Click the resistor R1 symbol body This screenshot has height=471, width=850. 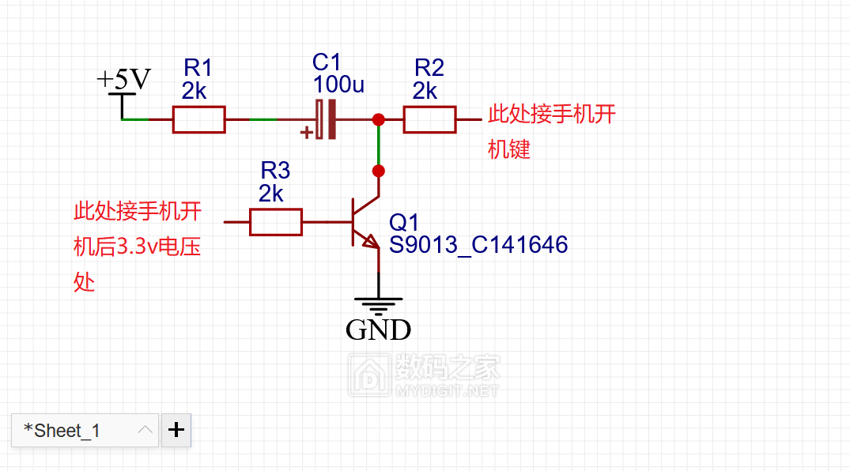198,119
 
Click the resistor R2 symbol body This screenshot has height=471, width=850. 429,119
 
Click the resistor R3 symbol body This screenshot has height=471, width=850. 275,222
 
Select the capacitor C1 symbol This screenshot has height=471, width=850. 325,119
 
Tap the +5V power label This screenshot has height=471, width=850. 123,79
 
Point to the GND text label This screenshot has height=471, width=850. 378,330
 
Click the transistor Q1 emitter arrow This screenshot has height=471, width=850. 370,242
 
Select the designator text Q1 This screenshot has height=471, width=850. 403,222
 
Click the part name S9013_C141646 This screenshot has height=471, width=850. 478,245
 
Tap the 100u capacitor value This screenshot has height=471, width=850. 338,84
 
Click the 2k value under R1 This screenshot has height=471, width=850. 194,92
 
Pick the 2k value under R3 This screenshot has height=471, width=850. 270,194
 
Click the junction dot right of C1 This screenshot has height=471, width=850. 379,119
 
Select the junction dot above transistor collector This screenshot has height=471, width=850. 379,171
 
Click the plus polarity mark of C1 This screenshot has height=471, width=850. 306,133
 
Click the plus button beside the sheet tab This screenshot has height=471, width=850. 176,430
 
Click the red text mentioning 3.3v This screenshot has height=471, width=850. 137,247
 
